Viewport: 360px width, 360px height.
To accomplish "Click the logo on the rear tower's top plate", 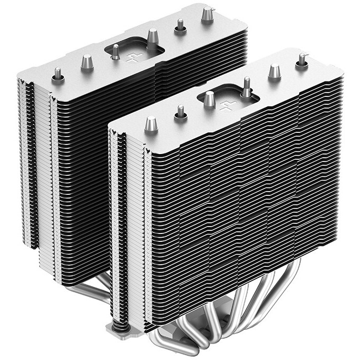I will click(131, 55).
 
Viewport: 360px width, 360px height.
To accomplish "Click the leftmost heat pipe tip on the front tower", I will click(150, 125).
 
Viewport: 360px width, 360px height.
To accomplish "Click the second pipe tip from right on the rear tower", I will click(181, 25).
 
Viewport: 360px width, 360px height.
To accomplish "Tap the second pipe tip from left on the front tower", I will click(181, 113).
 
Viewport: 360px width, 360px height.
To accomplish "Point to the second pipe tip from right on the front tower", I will click(274, 71).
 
